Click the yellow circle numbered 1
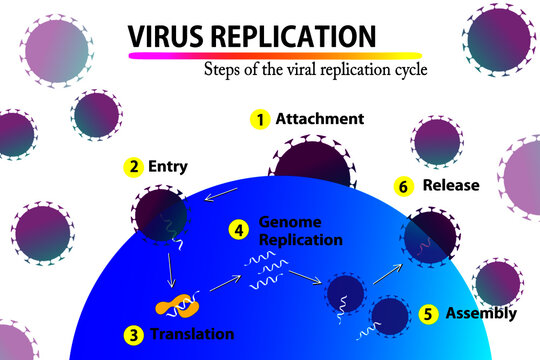point(260,119)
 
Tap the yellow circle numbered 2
point(133,167)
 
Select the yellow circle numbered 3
point(133,334)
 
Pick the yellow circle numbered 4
point(240,230)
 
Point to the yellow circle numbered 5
point(428,314)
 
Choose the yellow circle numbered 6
point(403,186)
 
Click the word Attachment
point(320,119)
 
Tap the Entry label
point(167,166)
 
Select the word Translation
point(192,333)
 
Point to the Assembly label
point(482,313)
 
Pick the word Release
point(451,185)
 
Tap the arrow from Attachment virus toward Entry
point(223,193)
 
